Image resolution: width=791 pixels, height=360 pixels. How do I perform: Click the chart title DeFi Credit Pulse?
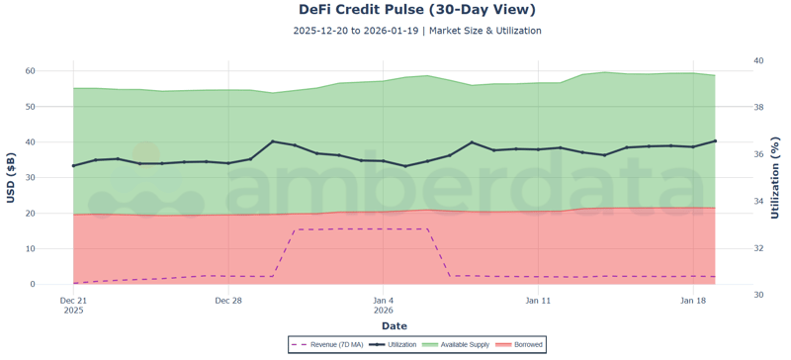coord(417,10)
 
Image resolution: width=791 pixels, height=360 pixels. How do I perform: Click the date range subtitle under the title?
coord(417,31)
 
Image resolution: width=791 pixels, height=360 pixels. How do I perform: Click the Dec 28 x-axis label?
coord(228,300)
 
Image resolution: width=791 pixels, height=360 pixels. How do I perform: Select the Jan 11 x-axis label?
coord(539,300)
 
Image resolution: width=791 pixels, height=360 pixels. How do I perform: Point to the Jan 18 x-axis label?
coord(694,300)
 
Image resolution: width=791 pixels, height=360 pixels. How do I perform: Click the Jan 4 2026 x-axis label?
coord(384,305)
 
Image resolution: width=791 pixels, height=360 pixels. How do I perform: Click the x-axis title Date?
coord(394,325)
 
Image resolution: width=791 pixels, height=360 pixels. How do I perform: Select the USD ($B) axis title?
coord(12,178)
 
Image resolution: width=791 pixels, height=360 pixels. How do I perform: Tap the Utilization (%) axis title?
coord(776,178)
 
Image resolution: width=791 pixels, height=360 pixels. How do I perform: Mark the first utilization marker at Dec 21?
coord(73,165)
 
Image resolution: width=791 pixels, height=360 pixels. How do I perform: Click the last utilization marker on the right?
coord(715,141)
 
